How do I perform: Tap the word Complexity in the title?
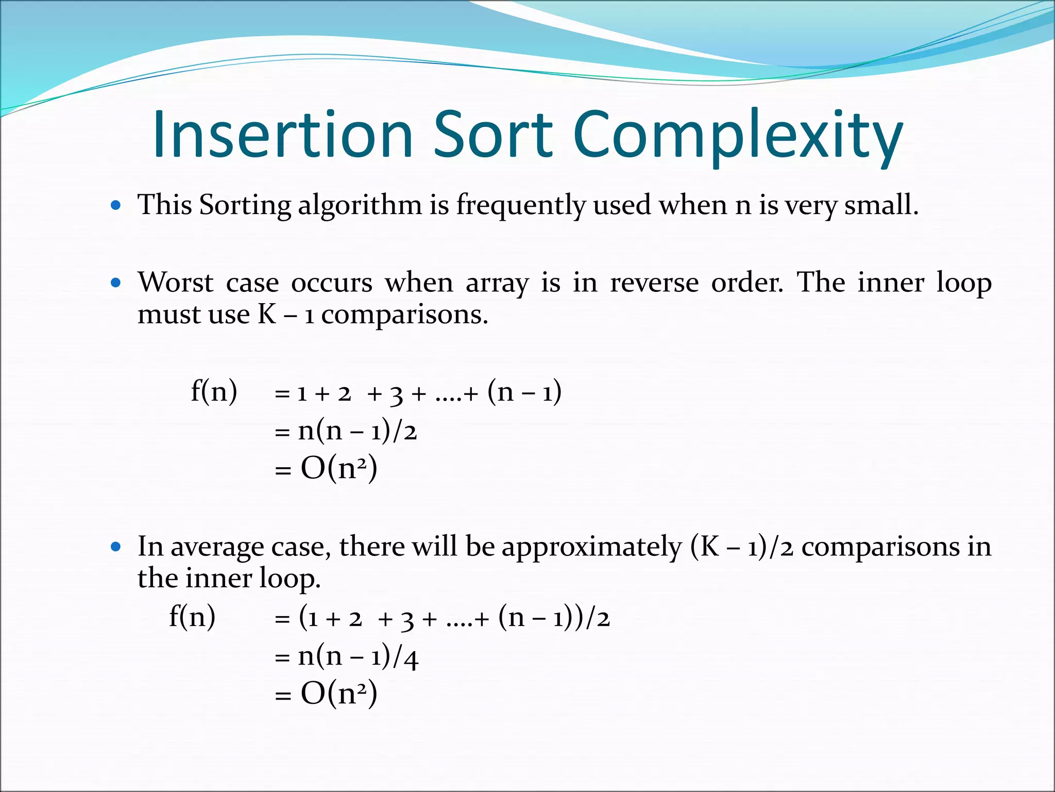[737, 135]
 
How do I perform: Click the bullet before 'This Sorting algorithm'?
[116, 205]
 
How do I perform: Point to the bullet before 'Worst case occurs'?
[116, 283]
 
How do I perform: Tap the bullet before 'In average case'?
[116, 547]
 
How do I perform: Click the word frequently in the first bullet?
[520, 205]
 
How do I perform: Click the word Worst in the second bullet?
[175, 283]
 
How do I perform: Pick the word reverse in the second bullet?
[654, 283]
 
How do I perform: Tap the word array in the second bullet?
[497, 284]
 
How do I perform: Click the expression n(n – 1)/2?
[357, 431]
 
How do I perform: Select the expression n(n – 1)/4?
[358, 656]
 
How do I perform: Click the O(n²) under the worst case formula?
[338, 469]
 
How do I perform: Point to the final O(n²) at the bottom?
[338, 694]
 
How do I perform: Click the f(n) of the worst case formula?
[214, 391]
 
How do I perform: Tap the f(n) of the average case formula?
[192, 617]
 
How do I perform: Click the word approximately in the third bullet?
[591, 548]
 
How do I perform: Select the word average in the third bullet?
[216, 548]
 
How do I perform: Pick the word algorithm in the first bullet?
[360, 205]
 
